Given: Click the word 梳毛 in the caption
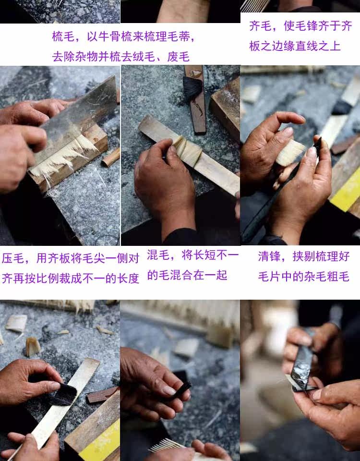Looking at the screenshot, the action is (63, 37).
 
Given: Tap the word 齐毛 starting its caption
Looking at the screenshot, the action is (260, 26).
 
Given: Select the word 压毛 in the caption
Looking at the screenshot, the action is (13, 258).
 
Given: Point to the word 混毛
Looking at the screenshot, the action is (158, 255).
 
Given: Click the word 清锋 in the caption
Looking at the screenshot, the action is (269, 256).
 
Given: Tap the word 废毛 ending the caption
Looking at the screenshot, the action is (179, 57).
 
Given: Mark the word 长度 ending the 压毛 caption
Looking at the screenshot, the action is (128, 278).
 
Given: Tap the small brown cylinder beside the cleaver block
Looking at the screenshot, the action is (111, 158).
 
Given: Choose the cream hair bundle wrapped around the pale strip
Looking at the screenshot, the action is (188, 150).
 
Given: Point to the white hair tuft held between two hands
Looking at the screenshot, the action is (290, 153).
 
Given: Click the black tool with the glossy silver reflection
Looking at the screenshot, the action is (302, 367).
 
